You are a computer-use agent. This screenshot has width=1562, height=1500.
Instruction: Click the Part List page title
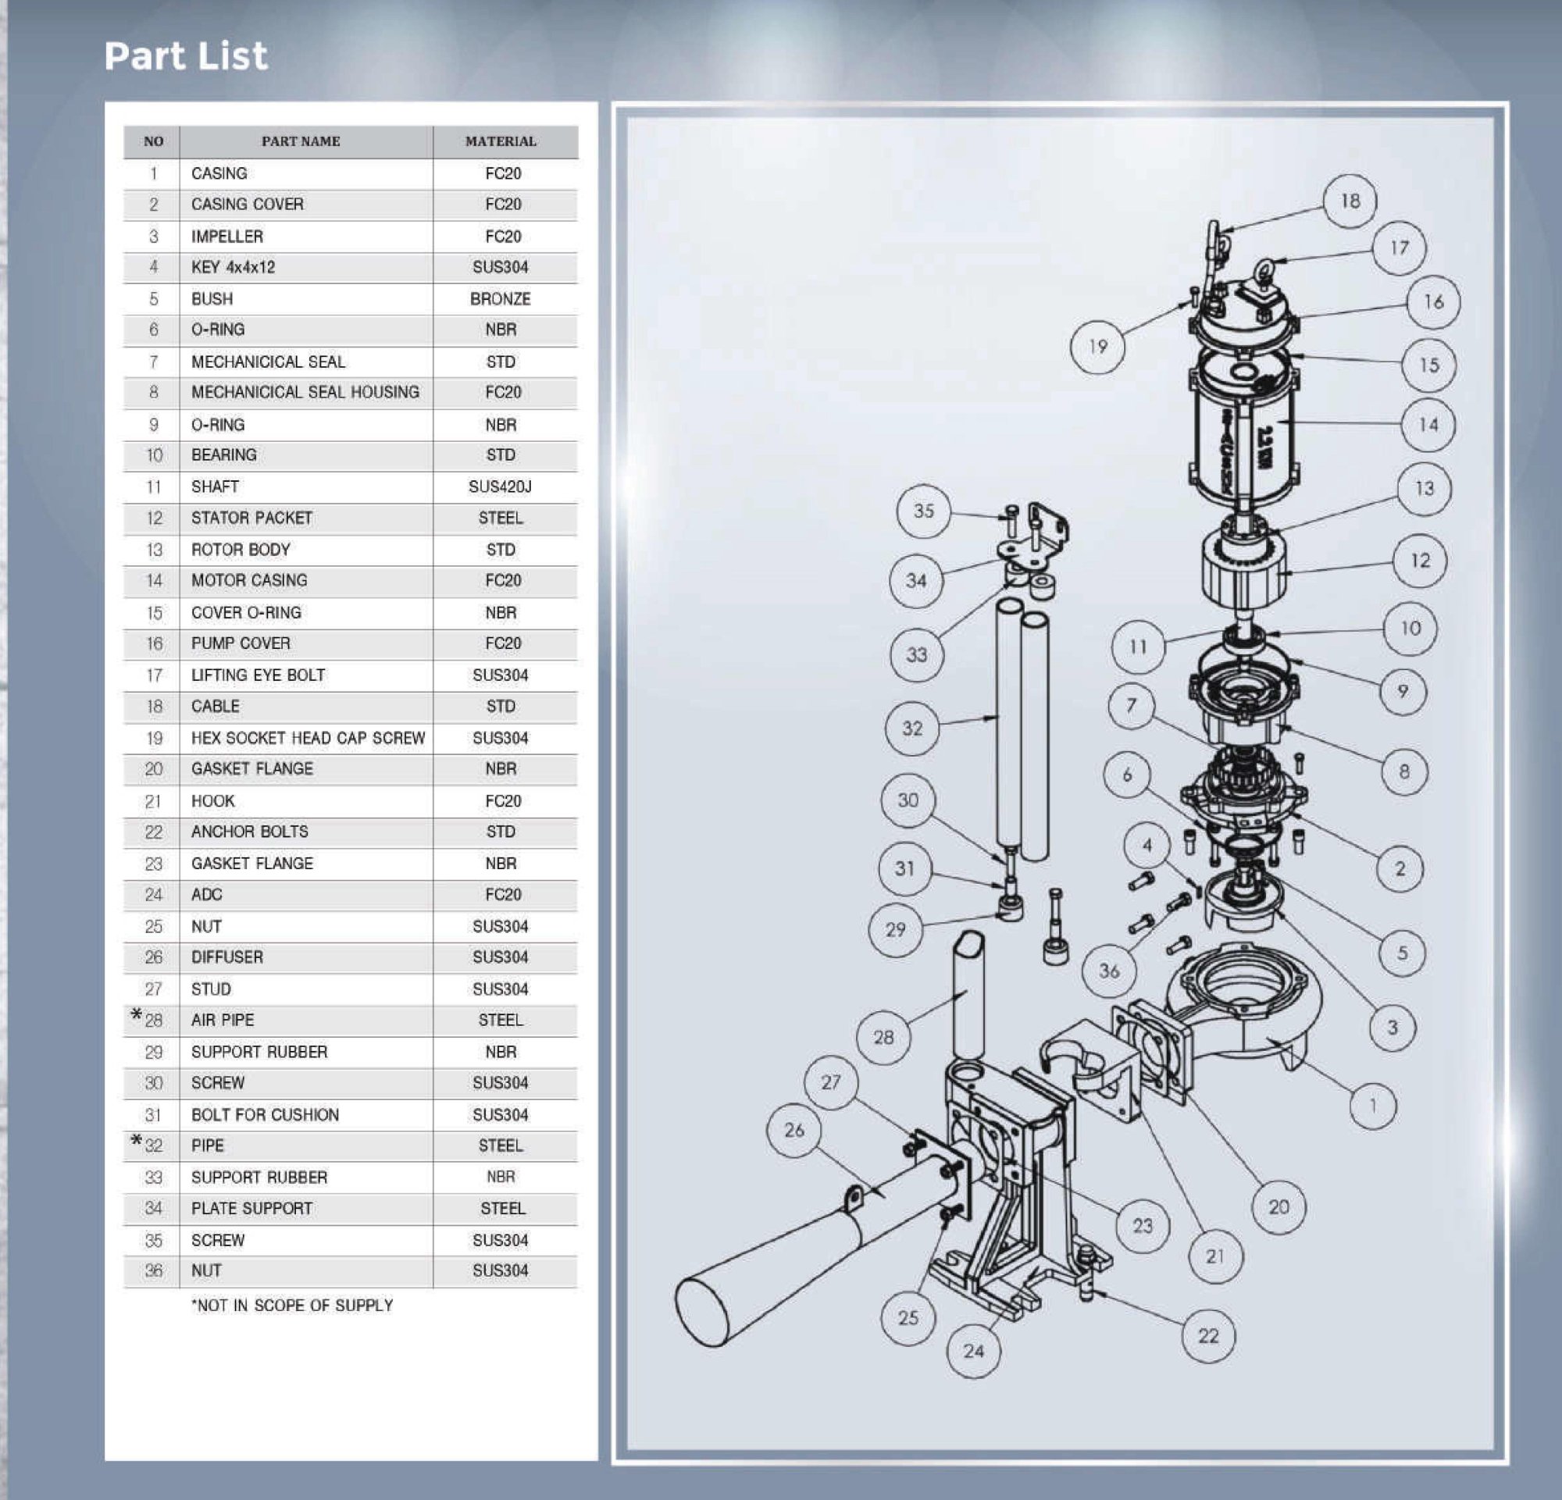click(186, 55)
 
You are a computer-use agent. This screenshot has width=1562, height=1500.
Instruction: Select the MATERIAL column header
click(501, 142)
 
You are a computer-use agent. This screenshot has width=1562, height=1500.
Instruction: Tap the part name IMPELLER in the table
click(226, 237)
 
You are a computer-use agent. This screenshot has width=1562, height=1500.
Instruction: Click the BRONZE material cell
click(501, 299)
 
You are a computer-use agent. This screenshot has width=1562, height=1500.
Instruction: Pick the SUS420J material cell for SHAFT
click(501, 486)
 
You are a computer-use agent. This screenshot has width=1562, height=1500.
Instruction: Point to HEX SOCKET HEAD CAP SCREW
click(308, 739)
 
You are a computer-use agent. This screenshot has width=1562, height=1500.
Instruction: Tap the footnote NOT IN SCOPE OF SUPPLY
click(292, 1306)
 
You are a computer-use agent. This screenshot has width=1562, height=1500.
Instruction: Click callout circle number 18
click(1350, 201)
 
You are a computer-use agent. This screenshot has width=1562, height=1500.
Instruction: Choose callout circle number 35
click(924, 511)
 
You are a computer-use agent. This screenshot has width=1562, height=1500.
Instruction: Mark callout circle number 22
click(1208, 1336)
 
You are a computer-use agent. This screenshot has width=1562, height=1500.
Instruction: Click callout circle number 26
click(793, 1130)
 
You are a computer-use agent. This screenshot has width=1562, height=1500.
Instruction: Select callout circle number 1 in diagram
click(1372, 1105)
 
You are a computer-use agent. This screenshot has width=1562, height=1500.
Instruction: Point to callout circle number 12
click(1420, 561)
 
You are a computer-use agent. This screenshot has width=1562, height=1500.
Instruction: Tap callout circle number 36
click(1108, 971)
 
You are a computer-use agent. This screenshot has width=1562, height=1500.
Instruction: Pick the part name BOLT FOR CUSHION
click(265, 1114)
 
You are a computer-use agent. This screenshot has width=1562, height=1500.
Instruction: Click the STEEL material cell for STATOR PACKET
click(501, 518)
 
